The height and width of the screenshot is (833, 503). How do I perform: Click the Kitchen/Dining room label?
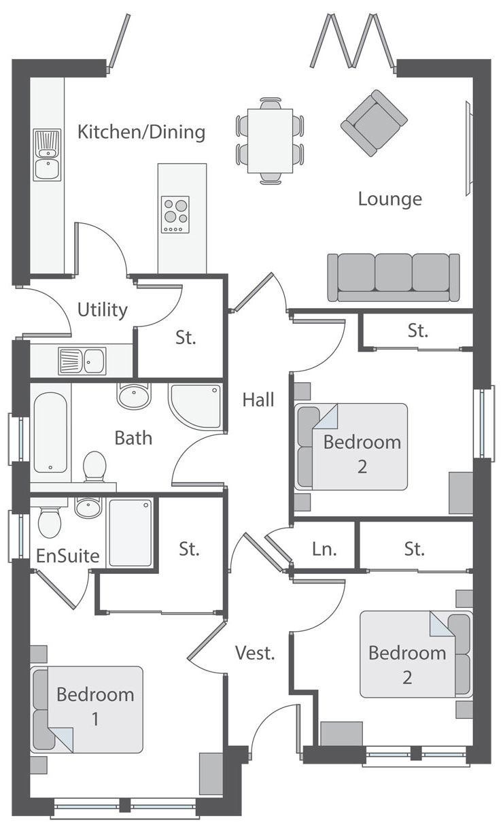[x=141, y=133]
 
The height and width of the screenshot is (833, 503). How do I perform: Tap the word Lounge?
[x=390, y=199]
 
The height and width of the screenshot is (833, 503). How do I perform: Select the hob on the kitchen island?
[x=175, y=215]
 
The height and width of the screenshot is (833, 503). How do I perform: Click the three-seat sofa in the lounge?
[x=394, y=277]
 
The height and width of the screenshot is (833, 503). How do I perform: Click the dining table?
[x=271, y=141]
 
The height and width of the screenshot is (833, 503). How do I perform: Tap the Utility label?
[x=102, y=310]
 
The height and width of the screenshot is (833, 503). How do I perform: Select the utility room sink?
[x=82, y=361]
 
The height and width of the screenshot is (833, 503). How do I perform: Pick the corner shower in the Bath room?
[x=196, y=407]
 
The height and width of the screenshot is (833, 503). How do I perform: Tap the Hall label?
[x=258, y=400]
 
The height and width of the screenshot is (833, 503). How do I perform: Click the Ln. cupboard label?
[x=324, y=549]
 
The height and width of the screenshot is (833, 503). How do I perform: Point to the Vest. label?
[x=255, y=653]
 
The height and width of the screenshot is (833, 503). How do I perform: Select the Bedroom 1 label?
[x=96, y=707]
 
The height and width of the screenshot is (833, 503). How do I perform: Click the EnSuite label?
[x=68, y=556]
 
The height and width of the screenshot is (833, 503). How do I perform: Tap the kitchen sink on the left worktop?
[x=47, y=155]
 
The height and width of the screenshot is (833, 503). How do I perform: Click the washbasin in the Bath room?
[x=134, y=395]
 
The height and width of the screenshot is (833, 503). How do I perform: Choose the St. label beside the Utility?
[x=186, y=338]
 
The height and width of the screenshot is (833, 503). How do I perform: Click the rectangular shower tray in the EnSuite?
[x=131, y=532]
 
